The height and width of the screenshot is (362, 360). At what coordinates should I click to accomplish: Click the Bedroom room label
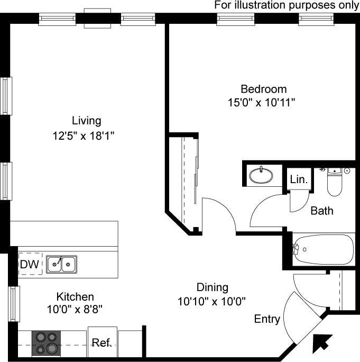coord(264,89)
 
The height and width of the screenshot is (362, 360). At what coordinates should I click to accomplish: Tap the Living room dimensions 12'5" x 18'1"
coord(84,135)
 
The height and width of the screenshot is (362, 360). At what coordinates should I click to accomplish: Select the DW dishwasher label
coord(30,264)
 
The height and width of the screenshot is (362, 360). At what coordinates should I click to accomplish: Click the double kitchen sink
coord(61,264)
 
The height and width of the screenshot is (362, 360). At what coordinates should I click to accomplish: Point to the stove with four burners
coord(46,343)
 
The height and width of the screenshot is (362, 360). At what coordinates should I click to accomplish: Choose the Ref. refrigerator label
coord(101,342)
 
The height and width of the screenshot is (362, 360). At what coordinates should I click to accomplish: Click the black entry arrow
coord(322,344)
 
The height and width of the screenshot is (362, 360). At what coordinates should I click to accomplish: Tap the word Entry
coord(267,319)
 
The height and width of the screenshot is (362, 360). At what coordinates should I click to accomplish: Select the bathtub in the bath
coord(323,250)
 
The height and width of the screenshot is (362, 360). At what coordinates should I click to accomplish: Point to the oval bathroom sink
coord(261,176)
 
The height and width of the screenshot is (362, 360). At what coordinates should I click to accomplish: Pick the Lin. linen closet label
coord(299,179)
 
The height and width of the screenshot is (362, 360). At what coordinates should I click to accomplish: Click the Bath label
coord(322,211)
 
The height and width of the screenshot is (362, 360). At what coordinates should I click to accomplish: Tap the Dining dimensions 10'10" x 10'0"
coord(211,301)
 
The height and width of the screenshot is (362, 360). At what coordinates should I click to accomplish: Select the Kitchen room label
coord(75,297)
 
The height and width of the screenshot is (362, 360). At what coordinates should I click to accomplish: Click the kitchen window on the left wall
coord(14,304)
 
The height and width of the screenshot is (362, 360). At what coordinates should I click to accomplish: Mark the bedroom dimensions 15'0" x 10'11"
coord(262,103)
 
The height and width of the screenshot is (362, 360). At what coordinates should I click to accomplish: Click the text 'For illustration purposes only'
coord(287,5)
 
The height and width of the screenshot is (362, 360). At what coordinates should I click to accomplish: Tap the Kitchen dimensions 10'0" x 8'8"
coord(75,309)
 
